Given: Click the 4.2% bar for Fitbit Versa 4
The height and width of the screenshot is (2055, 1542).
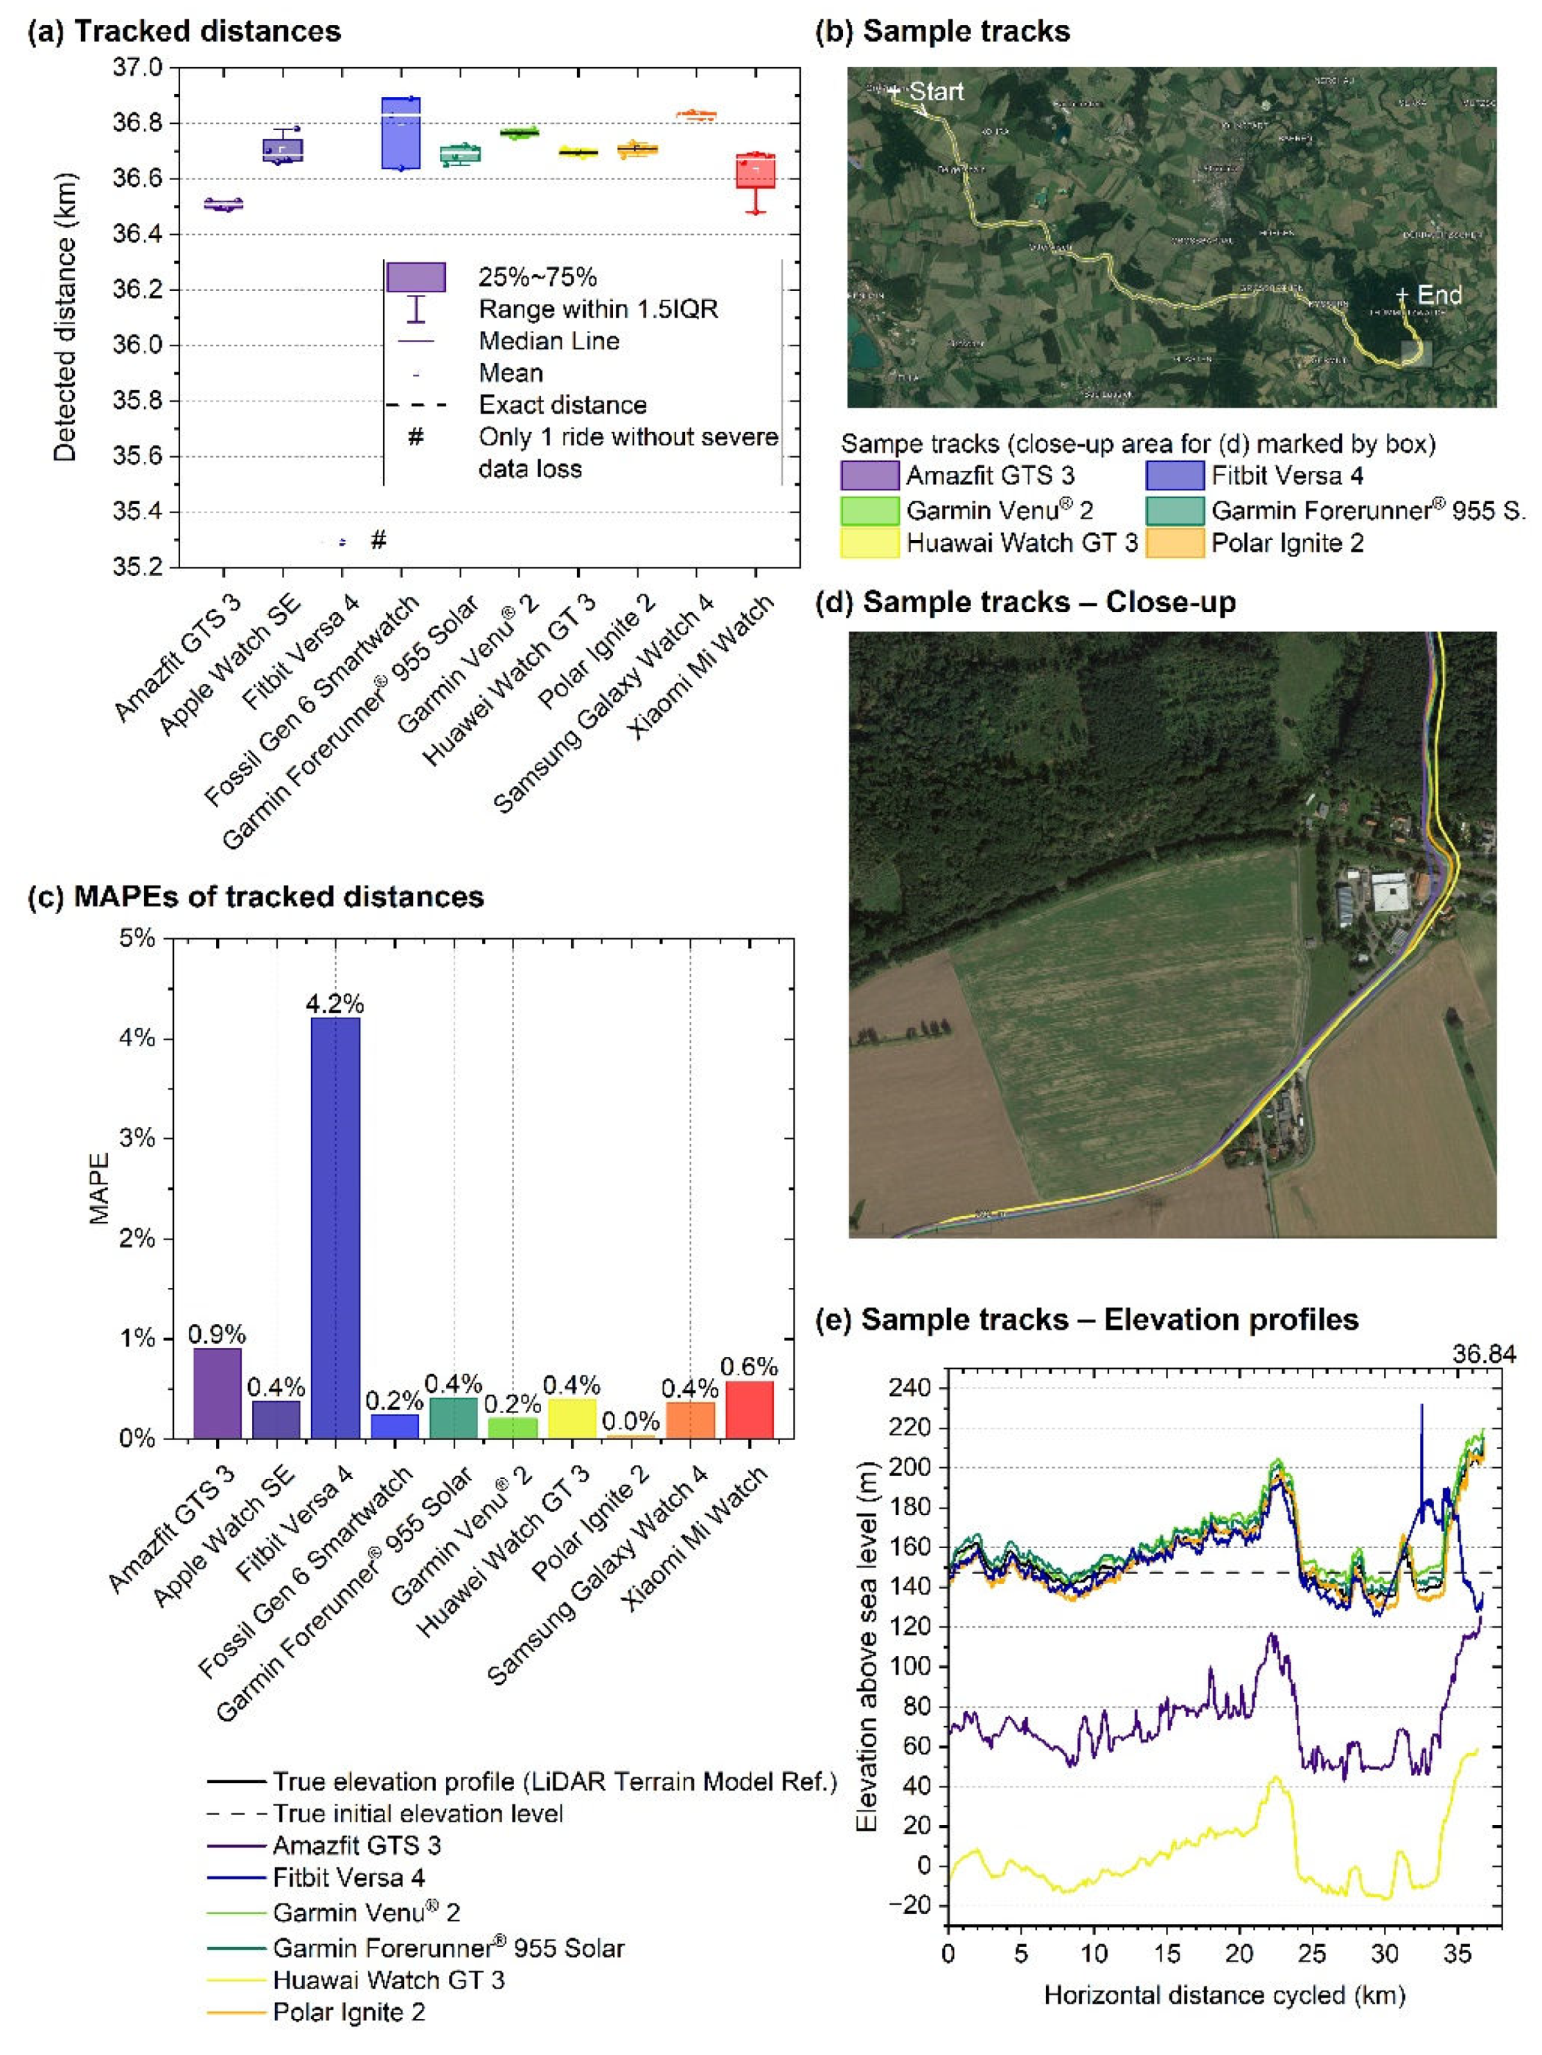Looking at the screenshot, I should pos(335,1226).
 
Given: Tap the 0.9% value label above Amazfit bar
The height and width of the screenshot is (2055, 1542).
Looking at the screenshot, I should pos(217,1334).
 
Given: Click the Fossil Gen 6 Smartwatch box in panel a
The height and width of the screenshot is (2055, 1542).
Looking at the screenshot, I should pos(402,134).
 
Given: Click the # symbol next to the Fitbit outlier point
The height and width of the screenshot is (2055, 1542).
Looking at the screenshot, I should pos(378,540).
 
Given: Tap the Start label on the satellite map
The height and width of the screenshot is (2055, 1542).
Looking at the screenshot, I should pos(935,91).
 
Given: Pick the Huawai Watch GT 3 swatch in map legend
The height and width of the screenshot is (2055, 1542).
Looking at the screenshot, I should pos(869,543).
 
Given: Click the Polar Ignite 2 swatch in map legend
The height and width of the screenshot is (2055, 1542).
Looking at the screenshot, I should pos(1175,543).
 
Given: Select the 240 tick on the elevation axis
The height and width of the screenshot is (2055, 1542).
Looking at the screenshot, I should pos(911,1388).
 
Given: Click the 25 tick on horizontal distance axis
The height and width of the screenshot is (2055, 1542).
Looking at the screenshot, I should pos(1311,1953).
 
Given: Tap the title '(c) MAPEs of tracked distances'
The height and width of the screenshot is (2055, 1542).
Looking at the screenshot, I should pos(256,897).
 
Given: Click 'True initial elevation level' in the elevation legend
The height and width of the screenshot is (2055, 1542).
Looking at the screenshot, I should pos(417,1813).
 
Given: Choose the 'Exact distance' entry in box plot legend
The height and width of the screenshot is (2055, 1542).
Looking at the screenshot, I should pos(562,405).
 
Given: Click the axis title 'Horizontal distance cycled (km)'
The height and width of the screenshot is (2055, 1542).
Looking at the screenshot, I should pos(1224,1995).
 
